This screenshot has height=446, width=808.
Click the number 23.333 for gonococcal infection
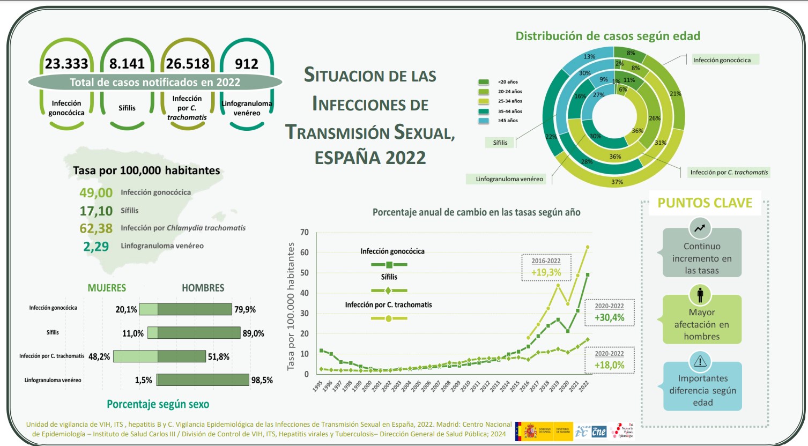66,64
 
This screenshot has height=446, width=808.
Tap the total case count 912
247,64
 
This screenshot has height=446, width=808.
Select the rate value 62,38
96,228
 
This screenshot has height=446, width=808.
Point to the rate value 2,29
96,247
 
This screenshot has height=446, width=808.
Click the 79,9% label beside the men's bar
245,309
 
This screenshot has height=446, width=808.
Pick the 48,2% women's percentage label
99,356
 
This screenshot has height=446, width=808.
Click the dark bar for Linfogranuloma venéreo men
203,380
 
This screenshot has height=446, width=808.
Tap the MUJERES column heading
107,288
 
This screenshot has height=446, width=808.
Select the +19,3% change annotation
546,272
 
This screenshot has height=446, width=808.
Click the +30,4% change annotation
609,317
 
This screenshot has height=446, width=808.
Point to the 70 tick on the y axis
305,232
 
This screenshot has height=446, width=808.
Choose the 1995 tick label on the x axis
317,386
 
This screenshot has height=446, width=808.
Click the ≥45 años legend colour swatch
484,121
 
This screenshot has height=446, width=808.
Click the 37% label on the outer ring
617,182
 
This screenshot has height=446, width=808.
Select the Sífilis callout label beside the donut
500,143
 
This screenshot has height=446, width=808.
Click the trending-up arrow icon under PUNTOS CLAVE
700,228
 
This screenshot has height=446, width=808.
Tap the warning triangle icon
700,361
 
